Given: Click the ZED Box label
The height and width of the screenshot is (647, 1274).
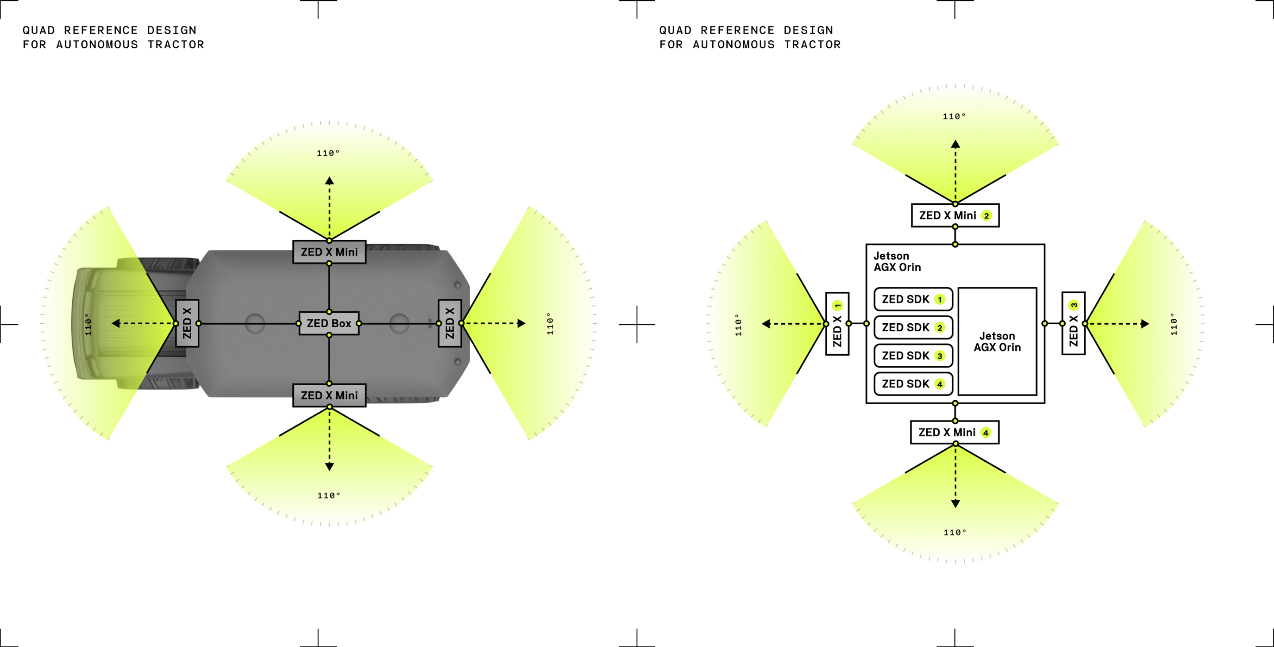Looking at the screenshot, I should (x=329, y=323).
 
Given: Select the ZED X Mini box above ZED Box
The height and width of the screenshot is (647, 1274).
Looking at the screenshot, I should (x=329, y=252).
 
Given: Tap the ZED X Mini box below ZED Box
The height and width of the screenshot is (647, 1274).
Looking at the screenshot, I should (x=329, y=395).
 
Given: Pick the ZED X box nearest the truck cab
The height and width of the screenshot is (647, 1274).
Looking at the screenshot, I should (x=187, y=323).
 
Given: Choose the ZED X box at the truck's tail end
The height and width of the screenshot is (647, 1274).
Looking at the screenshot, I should (x=449, y=323).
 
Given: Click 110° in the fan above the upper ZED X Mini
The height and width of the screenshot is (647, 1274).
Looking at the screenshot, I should (x=328, y=153).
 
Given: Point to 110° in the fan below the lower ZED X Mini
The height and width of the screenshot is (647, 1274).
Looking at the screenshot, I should (x=329, y=495).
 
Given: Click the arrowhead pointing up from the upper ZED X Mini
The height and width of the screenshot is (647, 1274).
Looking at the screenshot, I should (x=330, y=180).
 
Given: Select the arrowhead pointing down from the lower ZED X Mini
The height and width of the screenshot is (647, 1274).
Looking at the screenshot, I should (x=330, y=467).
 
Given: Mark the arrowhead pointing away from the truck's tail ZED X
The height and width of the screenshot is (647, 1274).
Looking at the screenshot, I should (x=521, y=323).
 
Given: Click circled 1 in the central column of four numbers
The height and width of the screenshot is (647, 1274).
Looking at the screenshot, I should (x=940, y=299).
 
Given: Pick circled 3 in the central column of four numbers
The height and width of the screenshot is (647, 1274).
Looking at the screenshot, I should (x=940, y=356).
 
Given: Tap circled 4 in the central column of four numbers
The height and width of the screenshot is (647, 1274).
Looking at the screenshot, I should (x=940, y=384).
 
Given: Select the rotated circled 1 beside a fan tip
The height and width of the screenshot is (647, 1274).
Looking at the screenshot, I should (x=838, y=306).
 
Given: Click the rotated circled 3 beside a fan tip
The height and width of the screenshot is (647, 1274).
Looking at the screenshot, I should (x=1074, y=306).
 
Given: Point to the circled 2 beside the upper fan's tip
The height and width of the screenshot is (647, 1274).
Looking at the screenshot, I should (x=986, y=215).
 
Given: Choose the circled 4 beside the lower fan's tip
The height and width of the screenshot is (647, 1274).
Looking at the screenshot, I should (x=986, y=433).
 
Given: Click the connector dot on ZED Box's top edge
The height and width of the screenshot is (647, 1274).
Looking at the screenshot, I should (x=329, y=312).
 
